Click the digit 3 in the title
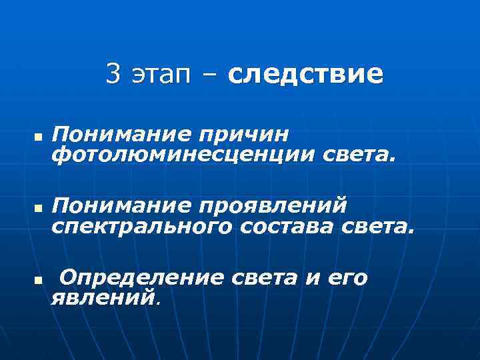pyautogui.click(x=113, y=75)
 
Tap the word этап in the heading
pyautogui.click(x=159, y=76)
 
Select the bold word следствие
pyautogui.click(x=305, y=75)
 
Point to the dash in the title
pyautogui.click(x=209, y=76)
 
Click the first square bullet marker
pyautogui.click(x=38, y=137)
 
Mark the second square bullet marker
pyautogui.click(x=38, y=208)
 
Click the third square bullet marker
pyautogui.click(x=38, y=280)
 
